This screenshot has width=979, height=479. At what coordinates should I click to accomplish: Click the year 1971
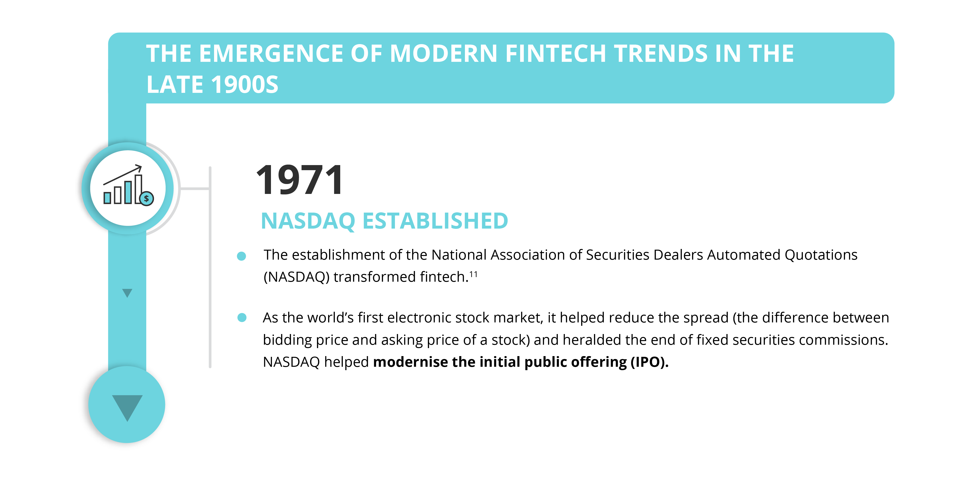click(x=300, y=180)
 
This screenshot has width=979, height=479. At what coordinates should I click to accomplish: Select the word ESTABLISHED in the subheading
click(x=436, y=221)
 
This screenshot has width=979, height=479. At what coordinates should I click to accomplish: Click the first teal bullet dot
click(x=241, y=256)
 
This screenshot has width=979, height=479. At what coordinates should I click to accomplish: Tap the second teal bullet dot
click(x=242, y=317)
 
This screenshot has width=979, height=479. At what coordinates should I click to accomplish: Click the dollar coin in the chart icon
click(x=146, y=198)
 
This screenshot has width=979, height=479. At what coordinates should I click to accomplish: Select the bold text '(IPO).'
click(x=649, y=362)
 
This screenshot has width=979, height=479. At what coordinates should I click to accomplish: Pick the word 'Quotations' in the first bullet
click(x=821, y=255)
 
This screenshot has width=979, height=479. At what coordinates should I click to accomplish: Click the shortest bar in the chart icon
click(x=108, y=198)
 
